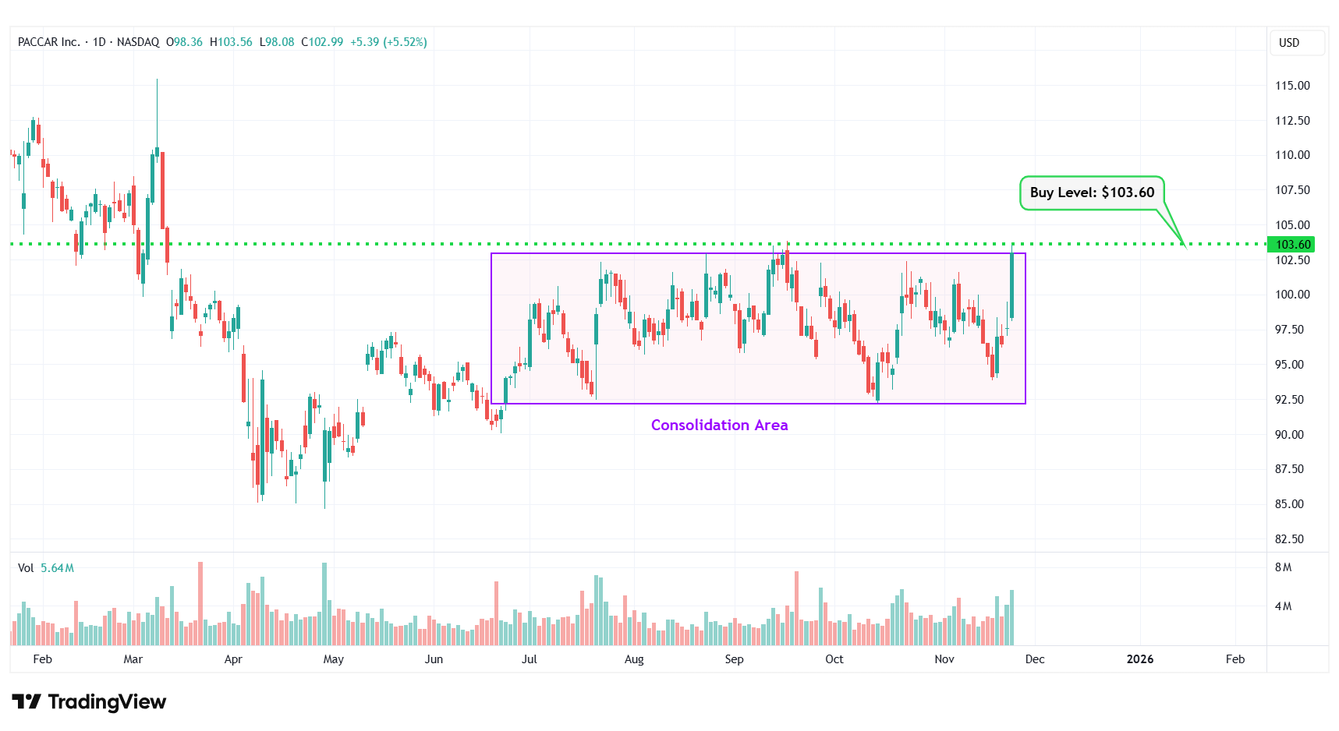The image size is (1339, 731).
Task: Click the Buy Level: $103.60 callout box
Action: [x=1091, y=192]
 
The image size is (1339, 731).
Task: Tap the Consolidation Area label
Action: [x=719, y=425]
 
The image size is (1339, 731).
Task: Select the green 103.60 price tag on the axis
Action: [x=1292, y=245]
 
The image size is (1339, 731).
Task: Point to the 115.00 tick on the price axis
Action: [x=1292, y=86]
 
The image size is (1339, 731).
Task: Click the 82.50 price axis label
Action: [x=1289, y=539]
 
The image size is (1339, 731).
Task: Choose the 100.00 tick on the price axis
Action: [x=1292, y=295]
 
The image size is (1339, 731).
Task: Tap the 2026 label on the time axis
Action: [x=1139, y=659]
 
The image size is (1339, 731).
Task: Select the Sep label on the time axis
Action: [x=734, y=659]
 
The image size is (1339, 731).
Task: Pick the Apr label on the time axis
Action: [x=233, y=659]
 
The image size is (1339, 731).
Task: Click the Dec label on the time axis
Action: [x=1035, y=659]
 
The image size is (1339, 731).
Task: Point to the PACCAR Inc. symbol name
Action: [x=49, y=42]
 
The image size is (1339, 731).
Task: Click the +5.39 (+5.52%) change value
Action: [x=388, y=42]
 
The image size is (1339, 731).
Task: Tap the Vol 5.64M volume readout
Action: [x=46, y=568]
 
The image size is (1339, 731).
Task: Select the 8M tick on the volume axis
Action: [x=1283, y=567]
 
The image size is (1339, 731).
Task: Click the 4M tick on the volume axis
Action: [x=1283, y=606]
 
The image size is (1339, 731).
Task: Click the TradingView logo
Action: [x=89, y=702]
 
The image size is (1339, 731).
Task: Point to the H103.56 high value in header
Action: [x=231, y=42]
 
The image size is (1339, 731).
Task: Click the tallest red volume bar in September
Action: [x=796, y=609]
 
